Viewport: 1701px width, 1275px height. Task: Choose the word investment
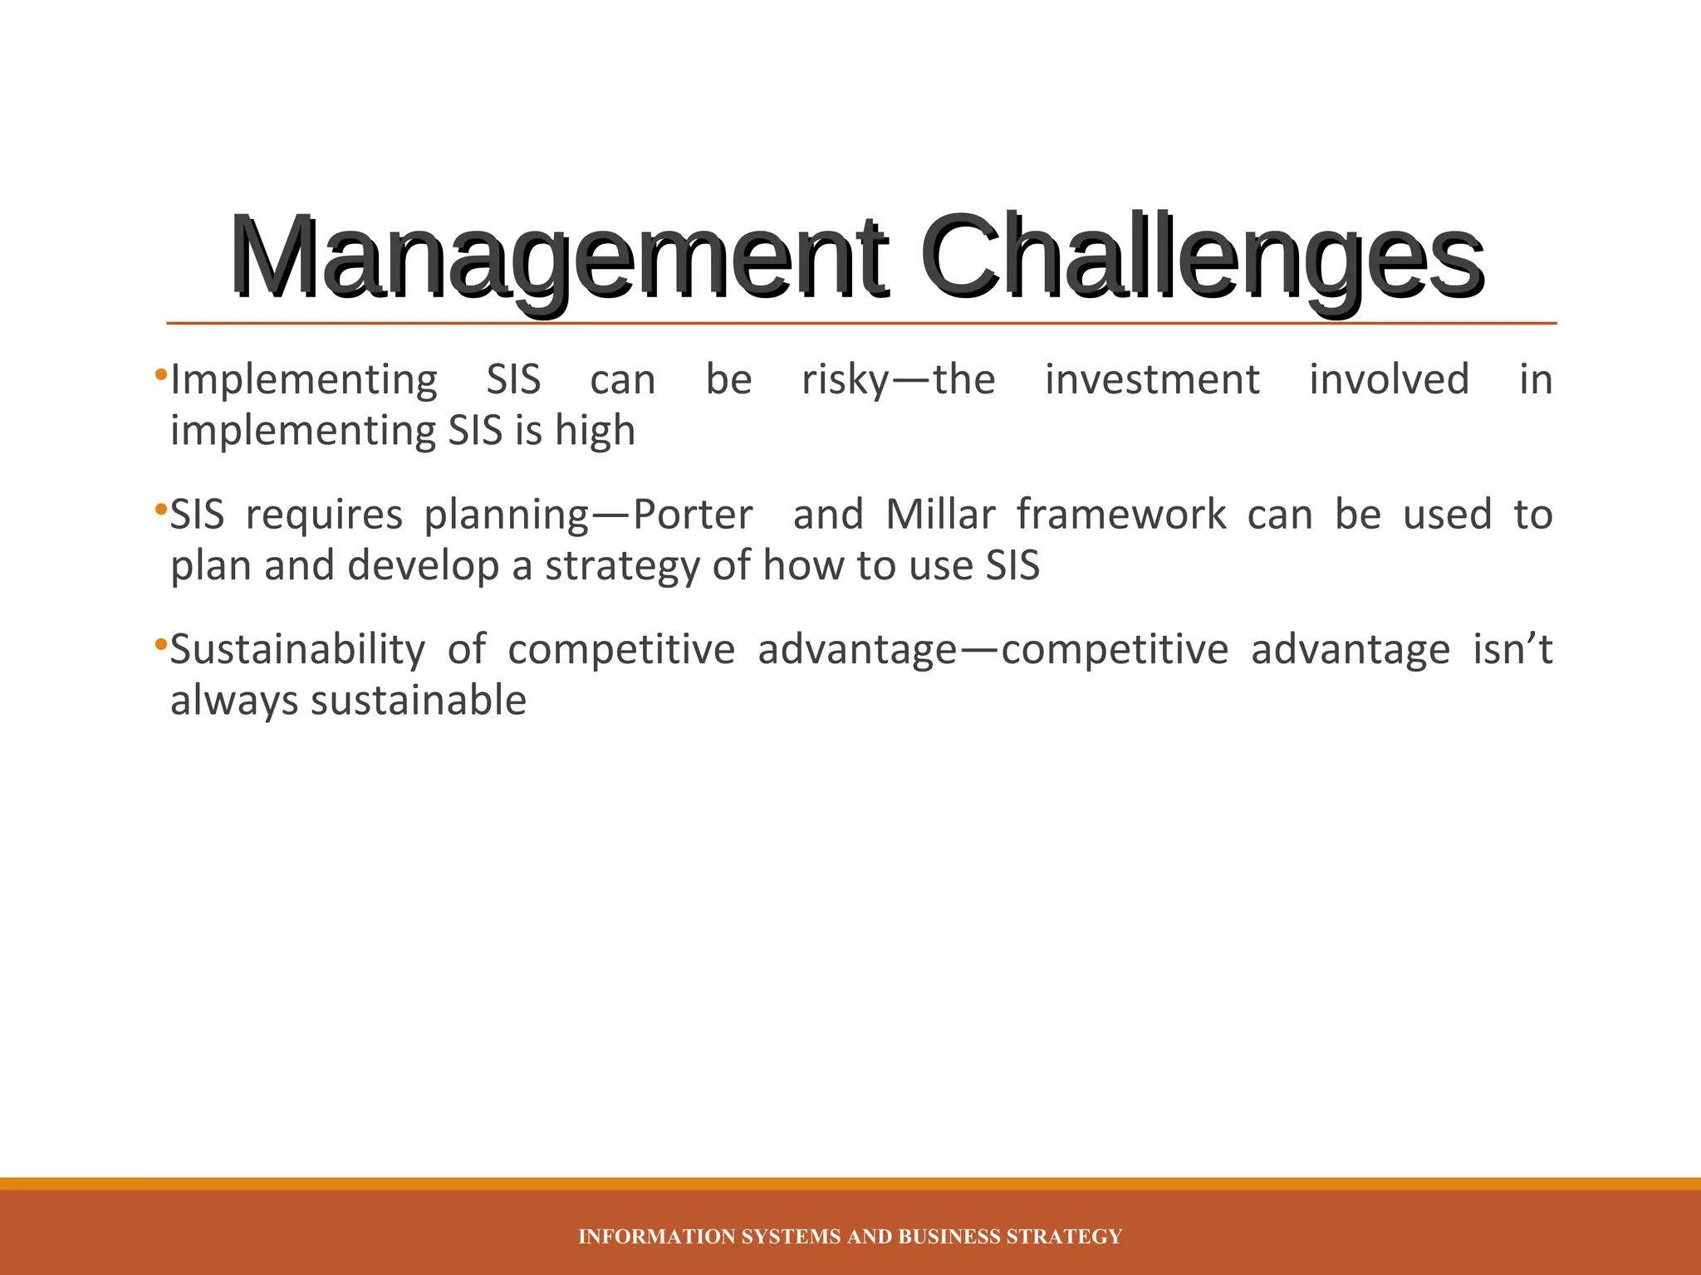1152,380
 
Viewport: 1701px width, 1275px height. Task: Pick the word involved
1389,380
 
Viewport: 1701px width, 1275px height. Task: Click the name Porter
693,515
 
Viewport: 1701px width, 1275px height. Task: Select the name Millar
940,515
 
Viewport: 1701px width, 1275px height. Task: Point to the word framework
1121,515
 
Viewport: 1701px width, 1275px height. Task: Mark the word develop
424,566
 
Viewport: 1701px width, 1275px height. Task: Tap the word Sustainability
297,650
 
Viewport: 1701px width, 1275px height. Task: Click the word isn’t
1512,650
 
